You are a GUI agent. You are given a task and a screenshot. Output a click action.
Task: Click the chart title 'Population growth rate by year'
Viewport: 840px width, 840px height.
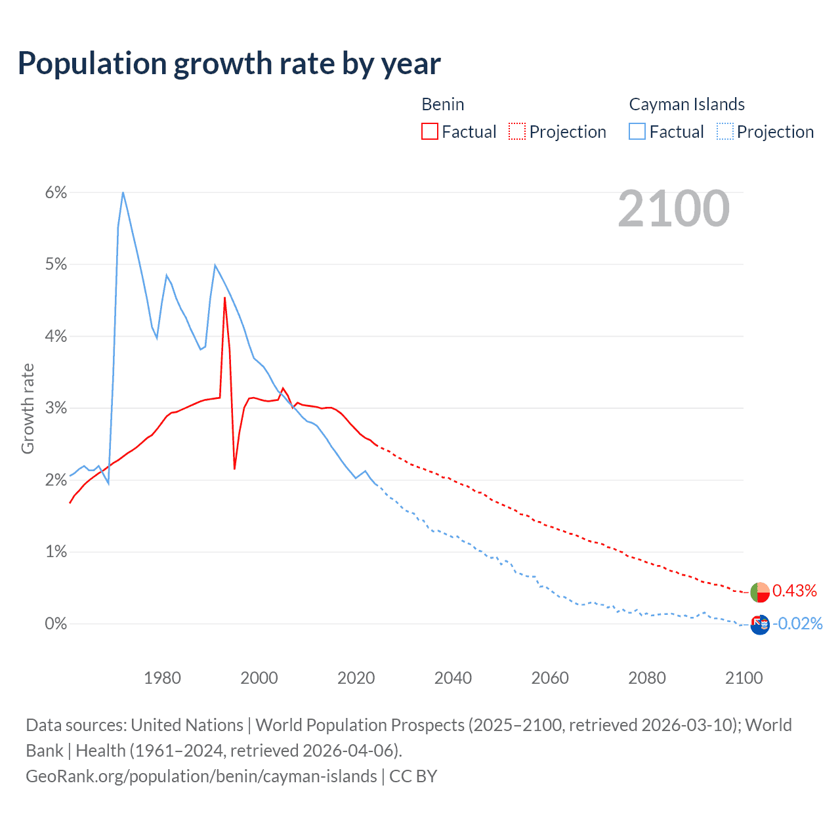point(229,64)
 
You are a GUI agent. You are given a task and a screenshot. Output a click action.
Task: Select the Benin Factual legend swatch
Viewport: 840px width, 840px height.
point(430,131)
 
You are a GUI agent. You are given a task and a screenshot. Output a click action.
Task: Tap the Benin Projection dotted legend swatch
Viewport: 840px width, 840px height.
point(517,131)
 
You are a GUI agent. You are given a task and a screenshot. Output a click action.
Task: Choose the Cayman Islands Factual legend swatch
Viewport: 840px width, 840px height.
point(637,131)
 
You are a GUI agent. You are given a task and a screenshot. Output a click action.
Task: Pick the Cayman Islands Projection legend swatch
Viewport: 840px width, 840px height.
point(724,131)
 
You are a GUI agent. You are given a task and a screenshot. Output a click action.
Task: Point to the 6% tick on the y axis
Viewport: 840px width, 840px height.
point(56,192)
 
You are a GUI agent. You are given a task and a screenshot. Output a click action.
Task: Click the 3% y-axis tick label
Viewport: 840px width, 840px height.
point(56,408)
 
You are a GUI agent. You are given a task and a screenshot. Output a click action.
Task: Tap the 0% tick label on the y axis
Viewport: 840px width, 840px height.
point(56,623)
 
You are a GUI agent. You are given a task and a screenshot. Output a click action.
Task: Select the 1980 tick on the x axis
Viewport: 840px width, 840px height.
point(162,677)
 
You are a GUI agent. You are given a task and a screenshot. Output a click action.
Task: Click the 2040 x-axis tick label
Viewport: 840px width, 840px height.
point(453,677)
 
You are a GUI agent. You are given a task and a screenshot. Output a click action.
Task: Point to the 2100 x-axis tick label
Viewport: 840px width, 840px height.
point(744,677)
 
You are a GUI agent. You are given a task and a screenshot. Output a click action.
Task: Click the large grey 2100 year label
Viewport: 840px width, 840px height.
point(673,209)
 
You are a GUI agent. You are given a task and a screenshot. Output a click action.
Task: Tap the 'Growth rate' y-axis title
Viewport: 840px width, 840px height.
point(28,408)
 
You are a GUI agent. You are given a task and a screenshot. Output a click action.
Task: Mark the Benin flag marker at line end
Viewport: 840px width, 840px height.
point(760,592)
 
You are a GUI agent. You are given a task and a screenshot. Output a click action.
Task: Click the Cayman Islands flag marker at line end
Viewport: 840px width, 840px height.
point(760,625)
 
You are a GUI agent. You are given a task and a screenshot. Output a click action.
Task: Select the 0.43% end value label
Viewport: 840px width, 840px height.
point(795,591)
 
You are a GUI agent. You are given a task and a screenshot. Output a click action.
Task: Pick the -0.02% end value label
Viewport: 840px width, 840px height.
point(798,623)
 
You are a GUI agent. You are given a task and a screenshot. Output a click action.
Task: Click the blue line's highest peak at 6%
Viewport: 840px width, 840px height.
point(123,193)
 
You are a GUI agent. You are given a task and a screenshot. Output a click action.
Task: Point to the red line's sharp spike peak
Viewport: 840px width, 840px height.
point(224,299)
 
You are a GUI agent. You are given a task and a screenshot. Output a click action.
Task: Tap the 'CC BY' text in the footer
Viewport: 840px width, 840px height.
point(413,776)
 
